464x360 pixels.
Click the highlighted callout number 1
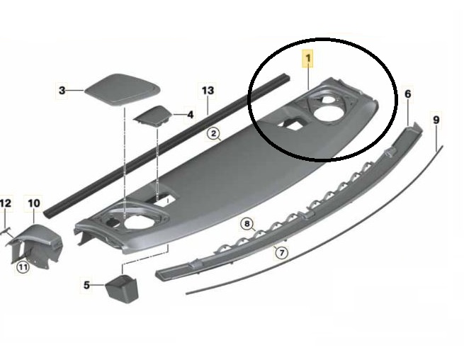[307, 58]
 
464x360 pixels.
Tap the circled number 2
[214, 133]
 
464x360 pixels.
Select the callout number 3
[62, 90]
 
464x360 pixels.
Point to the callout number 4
[191, 114]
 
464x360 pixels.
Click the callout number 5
[86, 285]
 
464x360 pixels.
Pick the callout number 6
[408, 94]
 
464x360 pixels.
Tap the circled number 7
[281, 252]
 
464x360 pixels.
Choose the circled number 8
[247, 223]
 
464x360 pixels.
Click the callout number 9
[436, 120]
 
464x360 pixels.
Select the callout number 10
[34, 203]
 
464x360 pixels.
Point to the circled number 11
[23, 267]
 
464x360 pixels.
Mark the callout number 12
[6, 203]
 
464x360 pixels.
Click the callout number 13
[208, 90]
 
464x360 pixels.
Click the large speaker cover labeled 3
[123, 89]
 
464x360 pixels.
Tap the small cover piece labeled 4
[153, 116]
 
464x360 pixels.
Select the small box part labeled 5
[122, 288]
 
